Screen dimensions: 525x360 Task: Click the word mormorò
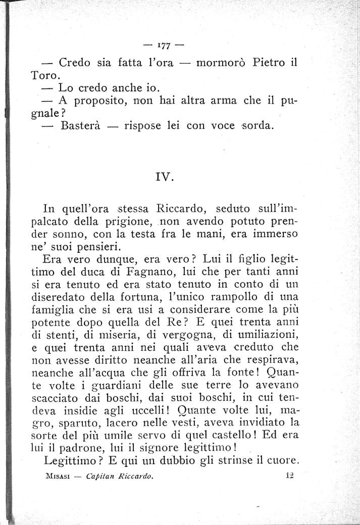(220, 64)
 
